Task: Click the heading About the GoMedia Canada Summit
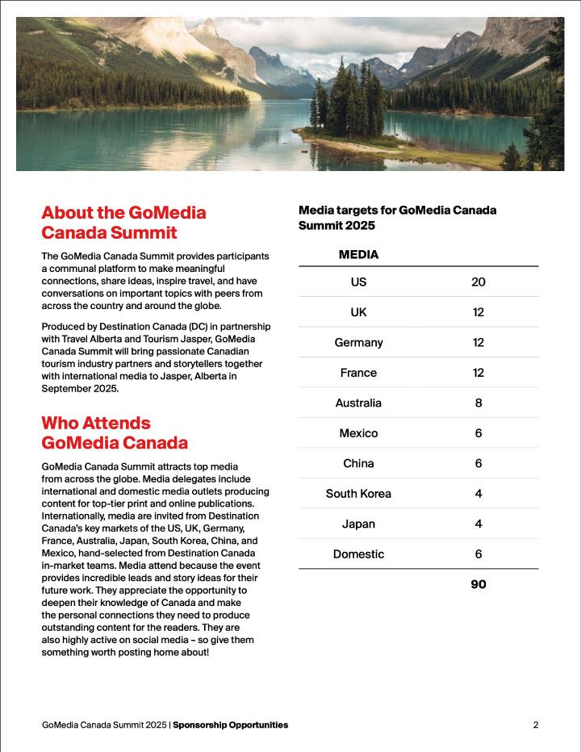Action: click(x=123, y=224)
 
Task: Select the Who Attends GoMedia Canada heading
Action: click(x=115, y=432)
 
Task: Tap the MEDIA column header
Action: click(x=358, y=254)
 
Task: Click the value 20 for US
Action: click(x=478, y=282)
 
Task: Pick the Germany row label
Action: click(x=358, y=342)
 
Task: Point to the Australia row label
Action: click(x=358, y=403)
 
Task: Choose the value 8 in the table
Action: click(x=478, y=403)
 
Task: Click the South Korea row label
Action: click(x=358, y=493)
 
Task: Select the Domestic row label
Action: click(x=358, y=554)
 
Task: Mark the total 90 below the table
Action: click(x=478, y=584)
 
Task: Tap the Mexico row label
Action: click(x=358, y=433)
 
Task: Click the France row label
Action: click(x=358, y=373)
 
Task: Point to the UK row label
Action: click(x=358, y=312)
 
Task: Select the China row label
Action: click(x=358, y=463)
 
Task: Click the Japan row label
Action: click(x=358, y=524)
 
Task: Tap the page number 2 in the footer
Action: click(x=535, y=725)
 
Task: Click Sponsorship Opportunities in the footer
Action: click(x=230, y=725)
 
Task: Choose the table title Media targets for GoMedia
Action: click(x=397, y=218)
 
